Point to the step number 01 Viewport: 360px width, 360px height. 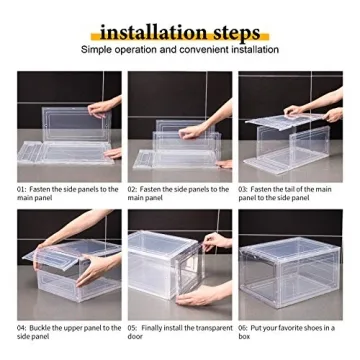21,188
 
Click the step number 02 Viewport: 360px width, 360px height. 133,188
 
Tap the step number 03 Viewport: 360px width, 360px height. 244,188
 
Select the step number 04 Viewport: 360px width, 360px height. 21,327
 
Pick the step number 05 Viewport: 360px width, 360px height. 133,327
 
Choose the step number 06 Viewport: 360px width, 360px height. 244,327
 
